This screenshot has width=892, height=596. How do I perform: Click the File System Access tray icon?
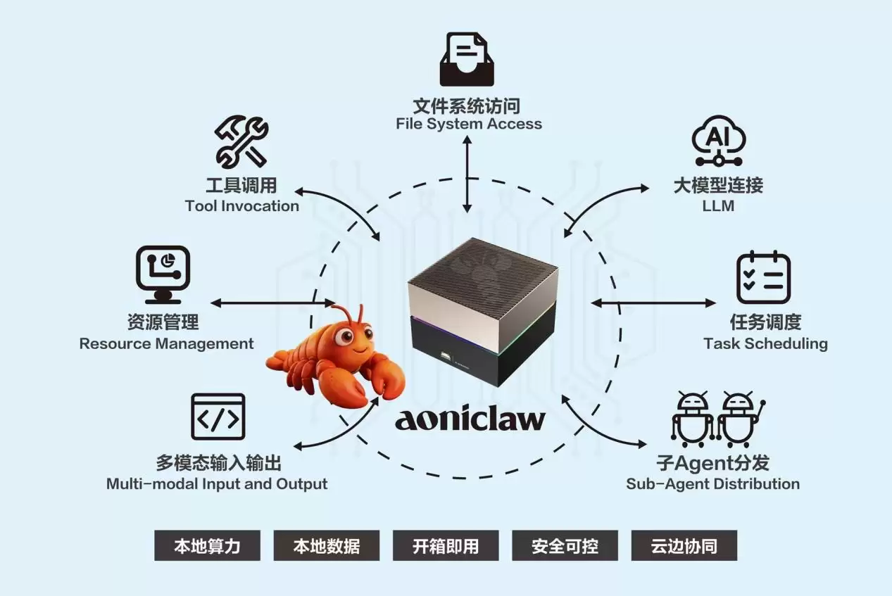(x=467, y=59)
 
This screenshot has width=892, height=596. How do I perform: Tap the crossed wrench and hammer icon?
(x=241, y=142)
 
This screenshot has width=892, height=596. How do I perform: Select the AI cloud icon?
(x=717, y=143)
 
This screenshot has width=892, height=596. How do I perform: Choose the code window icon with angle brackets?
(x=218, y=417)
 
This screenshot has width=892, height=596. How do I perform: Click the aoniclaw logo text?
(x=470, y=419)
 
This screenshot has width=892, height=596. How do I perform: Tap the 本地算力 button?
(x=207, y=545)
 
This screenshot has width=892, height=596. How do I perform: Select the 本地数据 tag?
(x=326, y=545)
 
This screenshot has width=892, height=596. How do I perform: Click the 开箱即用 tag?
(x=445, y=545)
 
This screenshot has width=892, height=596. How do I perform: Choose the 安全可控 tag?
(x=565, y=545)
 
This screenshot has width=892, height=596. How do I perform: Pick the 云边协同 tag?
(x=684, y=545)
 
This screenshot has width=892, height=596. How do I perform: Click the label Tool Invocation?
(x=242, y=206)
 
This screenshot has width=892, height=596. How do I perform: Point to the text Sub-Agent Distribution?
(x=712, y=484)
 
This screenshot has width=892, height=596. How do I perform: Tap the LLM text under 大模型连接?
(x=718, y=206)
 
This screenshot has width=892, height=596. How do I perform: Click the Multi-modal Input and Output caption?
(x=217, y=484)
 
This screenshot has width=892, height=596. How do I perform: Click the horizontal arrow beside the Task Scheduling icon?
(x=653, y=303)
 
